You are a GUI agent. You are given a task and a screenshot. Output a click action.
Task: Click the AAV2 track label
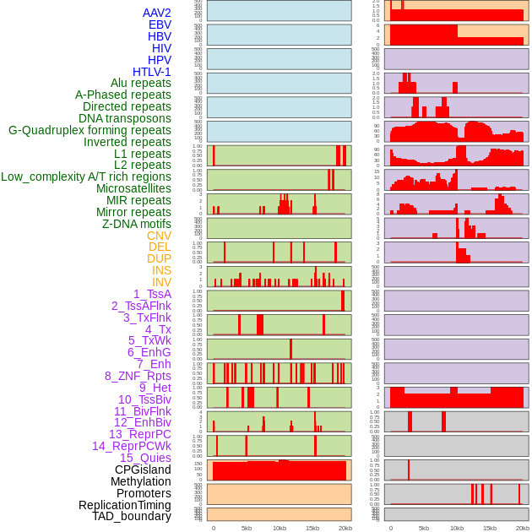click(156, 13)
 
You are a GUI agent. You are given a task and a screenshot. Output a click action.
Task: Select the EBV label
click(160, 24)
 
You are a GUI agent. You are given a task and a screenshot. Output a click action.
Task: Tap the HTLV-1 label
click(151, 72)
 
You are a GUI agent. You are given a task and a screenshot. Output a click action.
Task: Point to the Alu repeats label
click(140, 83)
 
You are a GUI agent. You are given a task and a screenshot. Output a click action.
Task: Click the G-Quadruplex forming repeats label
click(90, 130)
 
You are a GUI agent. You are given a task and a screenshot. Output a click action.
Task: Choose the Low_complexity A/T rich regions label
click(86, 176)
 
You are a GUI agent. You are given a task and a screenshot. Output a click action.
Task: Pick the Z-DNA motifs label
click(136, 224)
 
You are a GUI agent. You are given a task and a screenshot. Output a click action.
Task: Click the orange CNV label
click(159, 236)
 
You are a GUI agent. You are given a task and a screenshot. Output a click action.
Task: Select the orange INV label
click(161, 282)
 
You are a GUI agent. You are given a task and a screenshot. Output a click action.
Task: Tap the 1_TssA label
click(152, 294)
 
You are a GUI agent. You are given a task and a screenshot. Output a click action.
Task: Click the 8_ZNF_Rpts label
click(138, 376)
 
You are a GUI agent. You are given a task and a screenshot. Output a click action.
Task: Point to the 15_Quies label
click(145, 458)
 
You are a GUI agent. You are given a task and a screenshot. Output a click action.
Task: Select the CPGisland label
click(143, 470)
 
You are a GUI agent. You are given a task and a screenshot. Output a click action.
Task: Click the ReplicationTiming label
click(125, 505)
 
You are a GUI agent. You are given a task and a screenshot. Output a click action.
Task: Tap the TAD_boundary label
click(132, 516)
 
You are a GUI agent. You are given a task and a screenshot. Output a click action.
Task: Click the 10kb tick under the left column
click(280, 528)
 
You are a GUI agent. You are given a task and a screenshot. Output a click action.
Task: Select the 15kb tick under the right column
click(490, 528)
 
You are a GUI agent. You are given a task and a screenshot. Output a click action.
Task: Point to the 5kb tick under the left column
click(247, 528)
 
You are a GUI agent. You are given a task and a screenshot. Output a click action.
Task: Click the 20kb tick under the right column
click(523, 528)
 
